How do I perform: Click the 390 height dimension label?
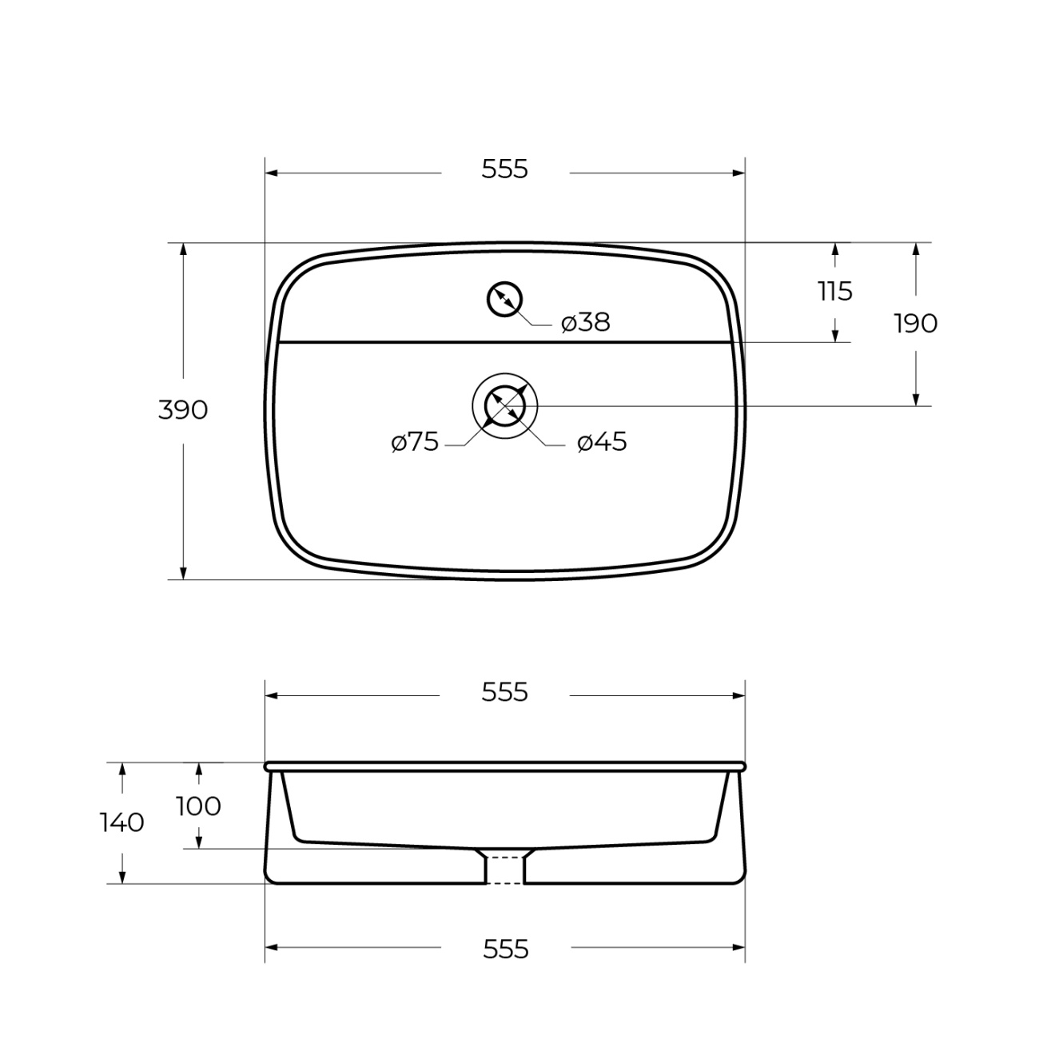click(x=183, y=410)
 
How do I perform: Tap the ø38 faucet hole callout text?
click(x=586, y=323)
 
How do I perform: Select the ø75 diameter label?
click(x=415, y=443)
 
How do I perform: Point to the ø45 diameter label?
click(x=602, y=443)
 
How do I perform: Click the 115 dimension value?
click(x=835, y=292)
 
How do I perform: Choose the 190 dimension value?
click(x=916, y=324)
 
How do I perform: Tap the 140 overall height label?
click(x=121, y=822)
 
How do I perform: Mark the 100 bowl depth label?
click(x=198, y=806)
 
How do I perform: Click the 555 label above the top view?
click(x=504, y=169)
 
